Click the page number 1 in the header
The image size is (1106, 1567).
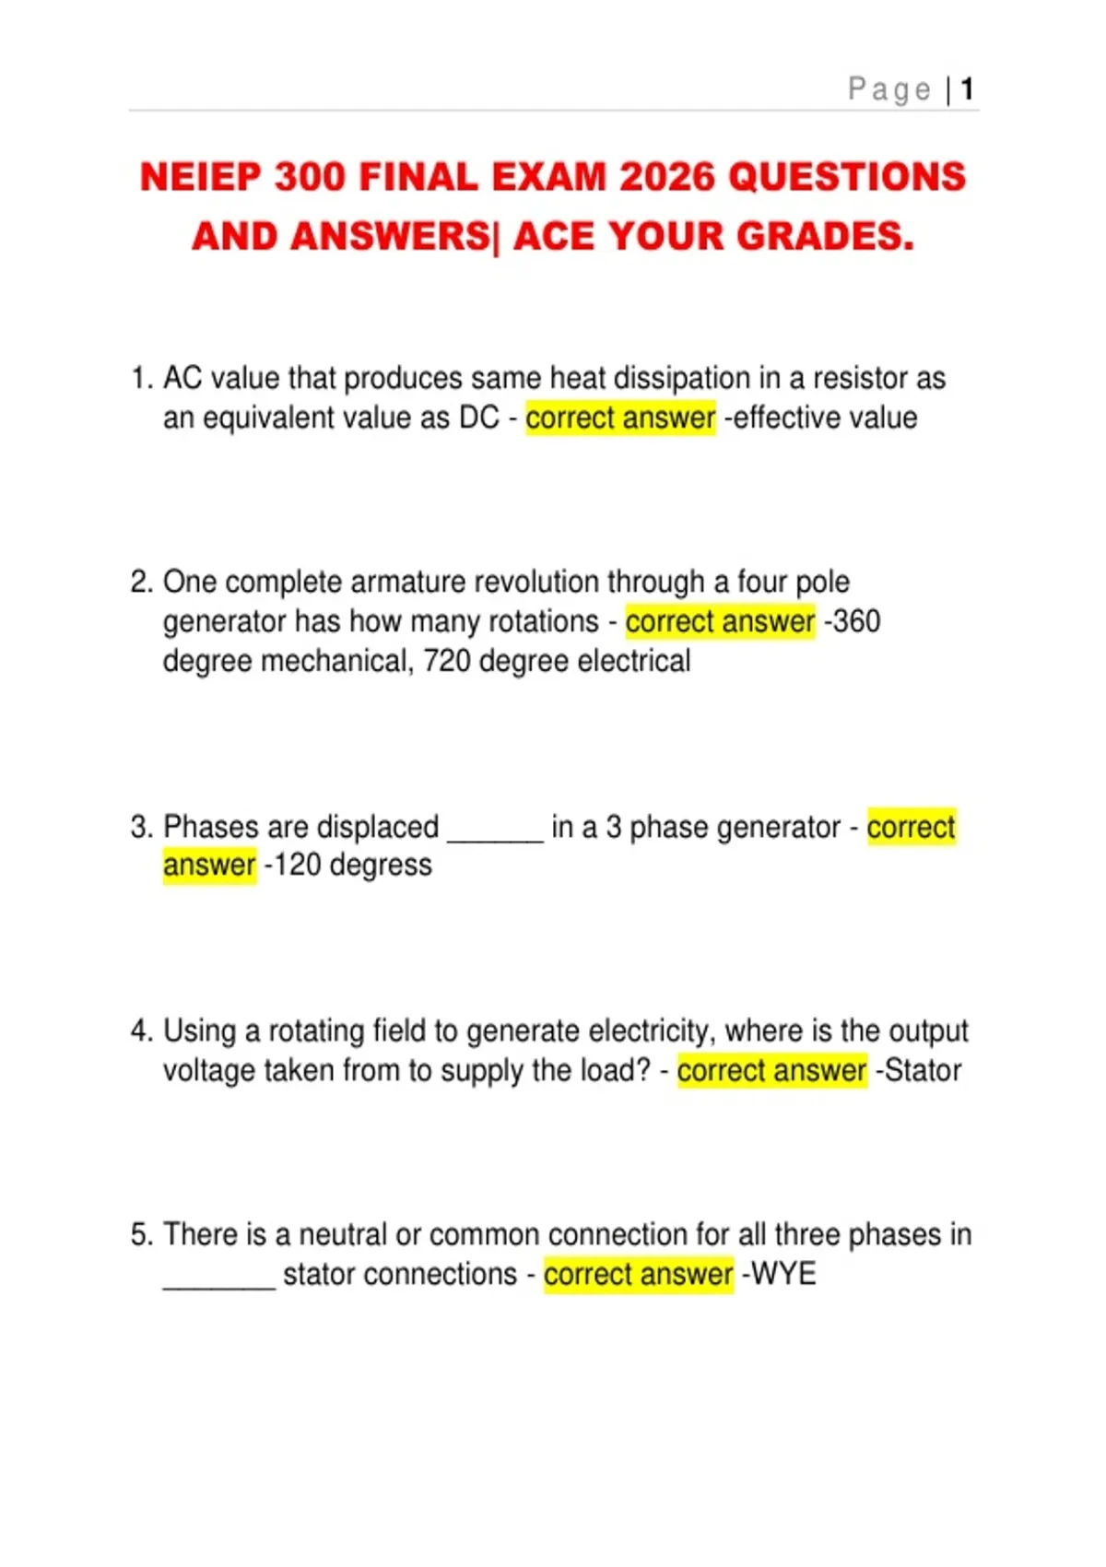click(967, 89)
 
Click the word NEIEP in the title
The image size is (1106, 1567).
click(199, 177)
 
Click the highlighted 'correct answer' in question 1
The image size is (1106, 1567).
click(620, 418)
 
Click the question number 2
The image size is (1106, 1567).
click(139, 582)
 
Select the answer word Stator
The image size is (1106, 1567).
click(923, 1070)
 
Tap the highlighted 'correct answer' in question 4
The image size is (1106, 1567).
click(771, 1070)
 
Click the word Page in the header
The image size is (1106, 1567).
click(889, 89)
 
